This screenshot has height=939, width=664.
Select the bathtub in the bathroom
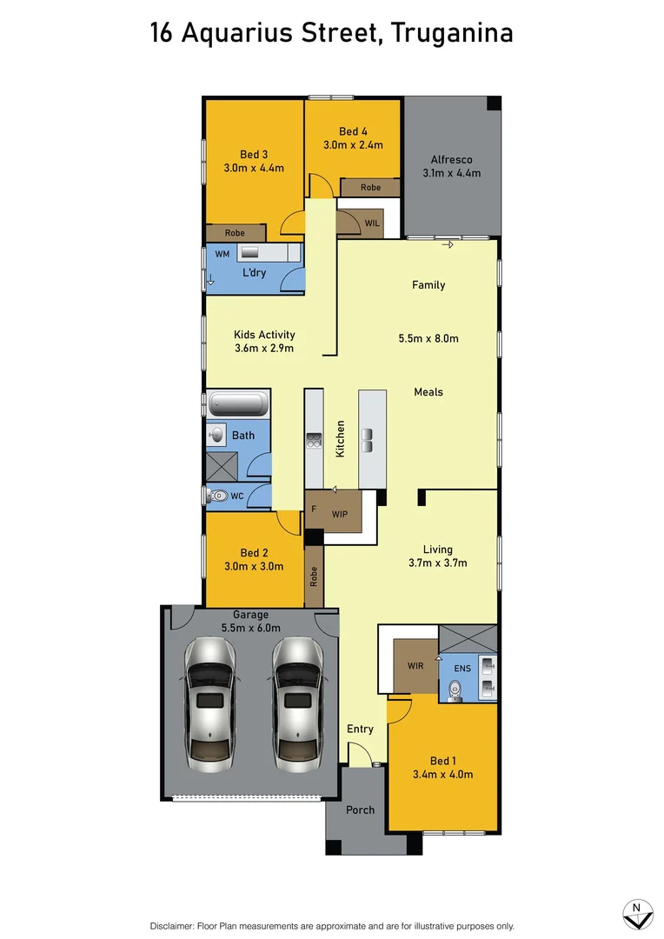[238, 404]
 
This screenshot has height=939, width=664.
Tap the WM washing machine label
[222, 254]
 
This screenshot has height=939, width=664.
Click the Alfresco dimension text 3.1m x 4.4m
[452, 173]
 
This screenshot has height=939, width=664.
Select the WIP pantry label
[340, 513]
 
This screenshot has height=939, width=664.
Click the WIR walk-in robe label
[415, 666]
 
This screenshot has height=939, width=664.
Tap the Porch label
[360, 809]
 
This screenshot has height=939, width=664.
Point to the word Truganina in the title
[452, 33]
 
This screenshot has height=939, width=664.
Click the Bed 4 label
[353, 131]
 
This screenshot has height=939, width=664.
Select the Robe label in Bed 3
[235, 233]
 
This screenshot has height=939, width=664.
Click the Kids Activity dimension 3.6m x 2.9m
[264, 349]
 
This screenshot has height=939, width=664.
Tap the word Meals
[428, 392]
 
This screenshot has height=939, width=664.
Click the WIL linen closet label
[372, 223]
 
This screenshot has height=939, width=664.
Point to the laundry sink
[250, 252]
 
